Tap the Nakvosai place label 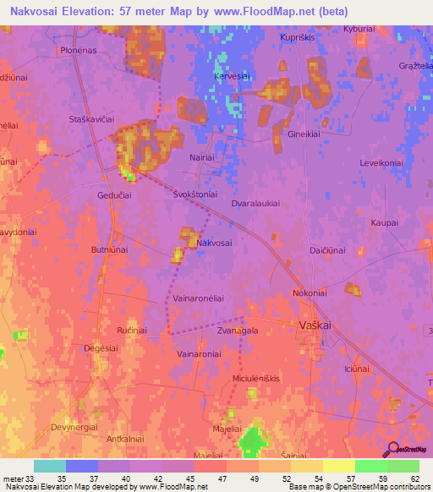(214, 243)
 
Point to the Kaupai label (384, 223)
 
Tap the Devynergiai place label (74, 427)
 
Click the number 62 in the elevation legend (414, 478)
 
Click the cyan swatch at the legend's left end (50, 466)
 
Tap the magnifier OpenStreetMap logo (392, 448)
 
